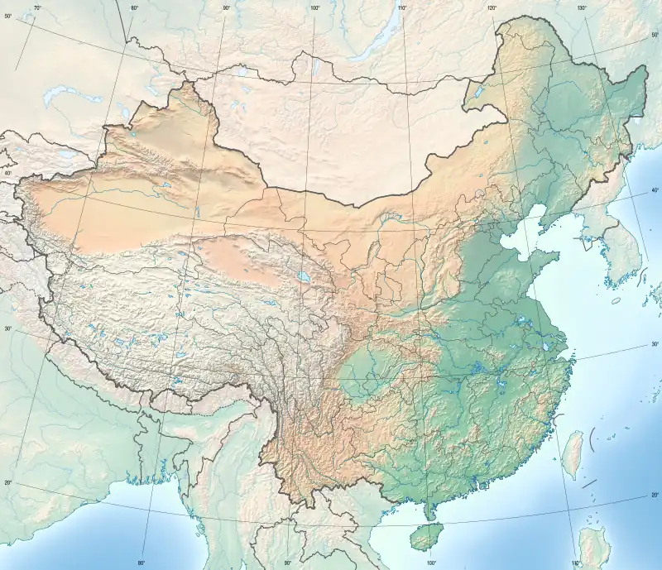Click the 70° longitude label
pyautogui.click(x=37, y=8)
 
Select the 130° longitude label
pyautogui.click(x=582, y=8)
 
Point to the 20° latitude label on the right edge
pyautogui.click(x=655, y=496)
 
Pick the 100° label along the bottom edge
pyautogui.click(x=431, y=563)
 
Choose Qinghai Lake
pyautogui.click(x=305, y=277)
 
